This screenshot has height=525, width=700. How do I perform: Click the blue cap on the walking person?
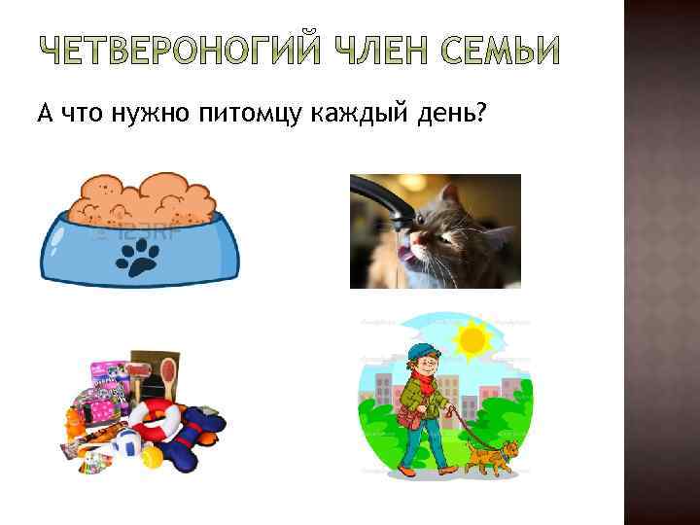point(419,351)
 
